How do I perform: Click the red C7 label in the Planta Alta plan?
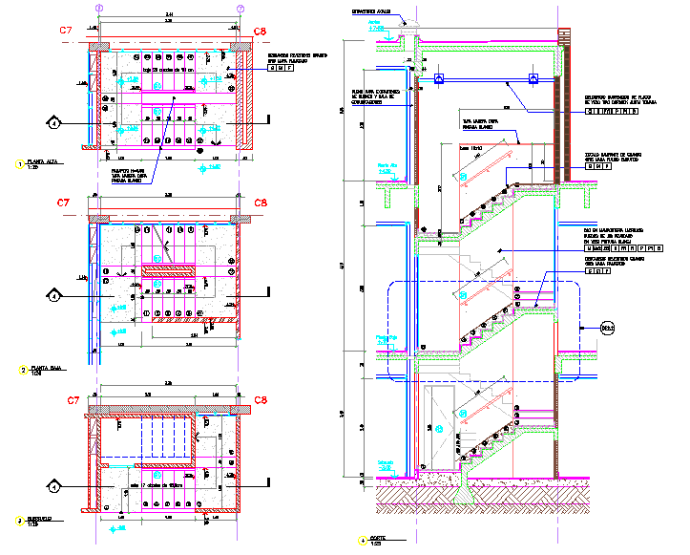(x=66, y=32)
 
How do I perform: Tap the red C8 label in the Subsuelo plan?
(x=260, y=400)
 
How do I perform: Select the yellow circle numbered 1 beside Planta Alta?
(x=21, y=164)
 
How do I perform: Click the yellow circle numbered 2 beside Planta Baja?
(x=21, y=369)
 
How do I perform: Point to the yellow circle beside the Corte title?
(x=362, y=541)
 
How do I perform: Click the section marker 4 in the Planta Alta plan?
(x=56, y=122)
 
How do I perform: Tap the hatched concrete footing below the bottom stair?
(x=467, y=491)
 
